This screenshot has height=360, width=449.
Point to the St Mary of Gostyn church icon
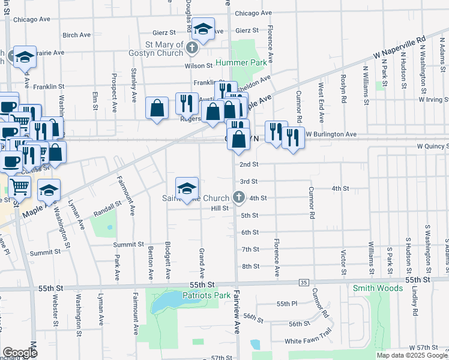[x=192, y=47]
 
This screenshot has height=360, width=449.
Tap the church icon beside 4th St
[x=238, y=197]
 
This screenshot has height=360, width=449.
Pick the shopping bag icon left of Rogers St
[x=157, y=109]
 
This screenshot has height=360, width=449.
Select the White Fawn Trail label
[x=308, y=341]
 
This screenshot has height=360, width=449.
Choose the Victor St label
[x=343, y=263]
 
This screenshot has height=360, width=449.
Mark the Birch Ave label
[x=76, y=35]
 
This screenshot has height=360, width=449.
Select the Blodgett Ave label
[x=169, y=262]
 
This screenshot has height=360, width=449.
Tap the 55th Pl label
[x=287, y=304]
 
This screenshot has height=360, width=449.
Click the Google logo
[x=20, y=353]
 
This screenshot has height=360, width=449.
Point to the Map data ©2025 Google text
[x=412, y=355]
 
